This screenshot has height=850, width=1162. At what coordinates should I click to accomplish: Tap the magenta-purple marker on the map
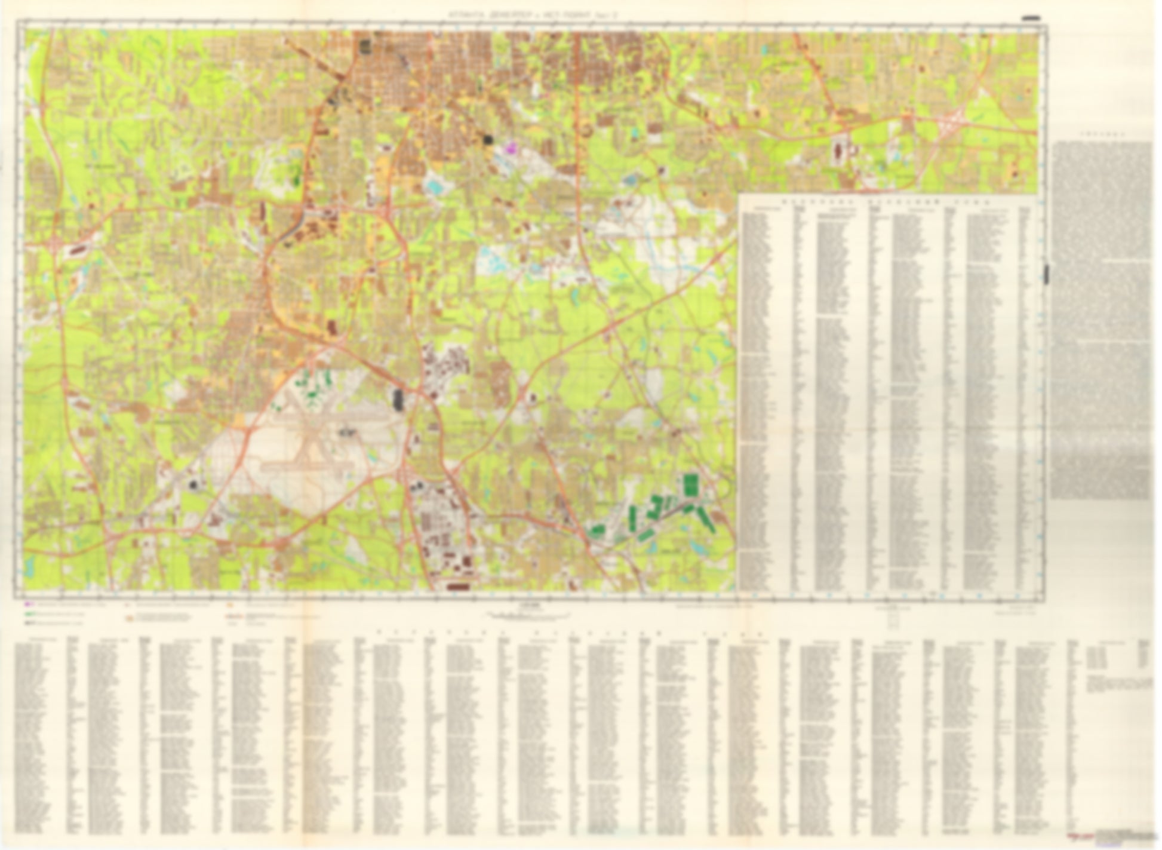tap(510, 145)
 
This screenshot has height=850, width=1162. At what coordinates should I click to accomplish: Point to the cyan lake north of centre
tap(435, 186)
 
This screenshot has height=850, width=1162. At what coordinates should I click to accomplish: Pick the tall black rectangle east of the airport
tap(398, 398)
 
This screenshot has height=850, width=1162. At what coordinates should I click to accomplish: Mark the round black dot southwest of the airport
tap(192, 484)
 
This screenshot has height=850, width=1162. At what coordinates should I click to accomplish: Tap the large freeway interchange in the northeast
tap(949, 122)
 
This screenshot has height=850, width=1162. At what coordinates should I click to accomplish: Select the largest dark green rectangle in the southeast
tap(691, 484)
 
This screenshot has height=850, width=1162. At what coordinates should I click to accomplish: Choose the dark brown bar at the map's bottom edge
tap(460, 587)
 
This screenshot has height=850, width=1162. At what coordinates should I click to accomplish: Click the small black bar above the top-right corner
tap(1031, 18)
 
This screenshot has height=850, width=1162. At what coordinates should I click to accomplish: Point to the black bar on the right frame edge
tap(1046, 274)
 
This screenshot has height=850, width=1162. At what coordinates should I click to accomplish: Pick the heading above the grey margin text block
tap(1103, 135)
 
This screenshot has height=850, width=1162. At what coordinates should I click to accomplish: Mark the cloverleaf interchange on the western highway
tap(56, 243)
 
